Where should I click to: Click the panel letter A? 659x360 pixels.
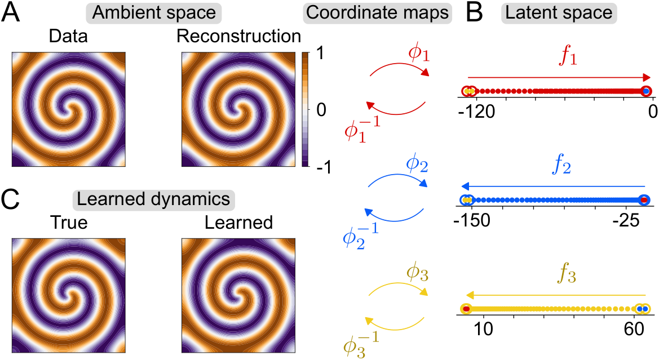click(x=11, y=12)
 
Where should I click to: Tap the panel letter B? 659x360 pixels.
click(x=475, y=12)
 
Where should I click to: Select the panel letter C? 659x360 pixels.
click(x=11, y=199)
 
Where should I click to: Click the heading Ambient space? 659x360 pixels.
click(x=154, y=12)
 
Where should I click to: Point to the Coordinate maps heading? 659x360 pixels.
click(x=377, y=12)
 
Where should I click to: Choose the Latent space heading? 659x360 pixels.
click(x=559, y=12)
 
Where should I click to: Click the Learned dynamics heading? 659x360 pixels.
click(x=153, y=199)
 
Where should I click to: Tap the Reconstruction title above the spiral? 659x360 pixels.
click(x=238, y=37)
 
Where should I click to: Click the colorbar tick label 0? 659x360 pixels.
click(x=321, y=110)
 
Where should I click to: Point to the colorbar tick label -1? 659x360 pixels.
click(x=322, y=168)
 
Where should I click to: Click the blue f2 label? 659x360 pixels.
click(x=561, y=166)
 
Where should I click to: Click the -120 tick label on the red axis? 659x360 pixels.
click(x=476, y=112)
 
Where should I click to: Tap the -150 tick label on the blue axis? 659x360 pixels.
click(x=472, y=220)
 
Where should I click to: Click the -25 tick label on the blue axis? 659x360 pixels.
click(x=627, y=220)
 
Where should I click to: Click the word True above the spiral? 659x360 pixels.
click(x=69, y=223)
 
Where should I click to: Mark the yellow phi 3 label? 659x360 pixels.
click(x=417, y=274)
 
